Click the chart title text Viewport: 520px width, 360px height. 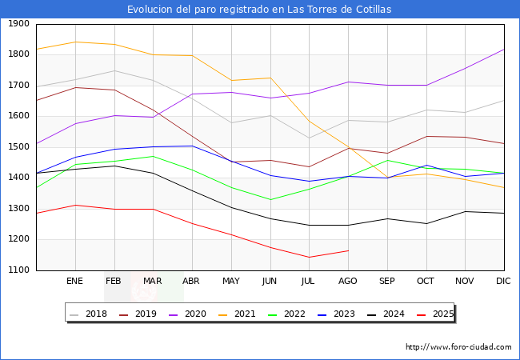point(259,10)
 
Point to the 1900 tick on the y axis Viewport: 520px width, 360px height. point(18,24)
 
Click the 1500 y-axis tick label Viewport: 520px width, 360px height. point(18,147)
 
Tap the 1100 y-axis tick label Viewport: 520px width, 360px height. point(18,270)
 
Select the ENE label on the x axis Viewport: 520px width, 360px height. point(74,281)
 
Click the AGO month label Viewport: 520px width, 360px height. point(348,281)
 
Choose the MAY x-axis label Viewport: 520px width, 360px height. point(230,281)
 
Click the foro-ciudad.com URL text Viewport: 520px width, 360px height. point(458,347)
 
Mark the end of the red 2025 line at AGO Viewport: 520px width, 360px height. point(348,250)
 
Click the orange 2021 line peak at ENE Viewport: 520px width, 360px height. point(74,42)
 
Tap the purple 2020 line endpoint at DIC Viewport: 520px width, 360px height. point(504,50)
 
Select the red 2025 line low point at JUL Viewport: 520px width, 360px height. point(309,257)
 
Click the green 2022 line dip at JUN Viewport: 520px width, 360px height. point(270,200)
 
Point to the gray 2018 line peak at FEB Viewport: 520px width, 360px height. point(114,71)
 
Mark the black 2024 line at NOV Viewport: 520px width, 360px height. point(465,211)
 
